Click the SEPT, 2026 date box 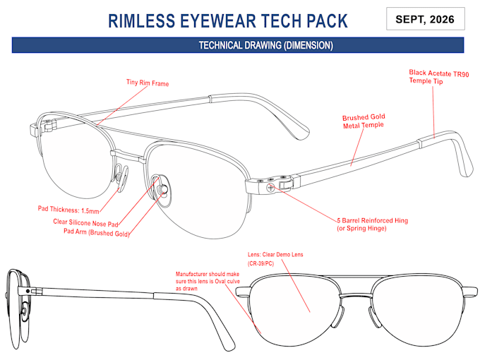426,19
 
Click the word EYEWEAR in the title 217,20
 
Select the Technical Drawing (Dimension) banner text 265,45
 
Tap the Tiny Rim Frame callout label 148,83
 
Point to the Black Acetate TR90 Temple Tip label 438,77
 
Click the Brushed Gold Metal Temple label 364,121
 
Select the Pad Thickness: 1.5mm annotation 68,210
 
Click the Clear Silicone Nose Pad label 85,222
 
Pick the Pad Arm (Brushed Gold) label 97,232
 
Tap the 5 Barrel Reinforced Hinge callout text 372,224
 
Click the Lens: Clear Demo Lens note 275,258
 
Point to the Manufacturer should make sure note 208,281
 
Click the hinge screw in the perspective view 270,188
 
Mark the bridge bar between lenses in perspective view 128,155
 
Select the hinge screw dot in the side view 28,291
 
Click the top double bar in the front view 356,277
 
